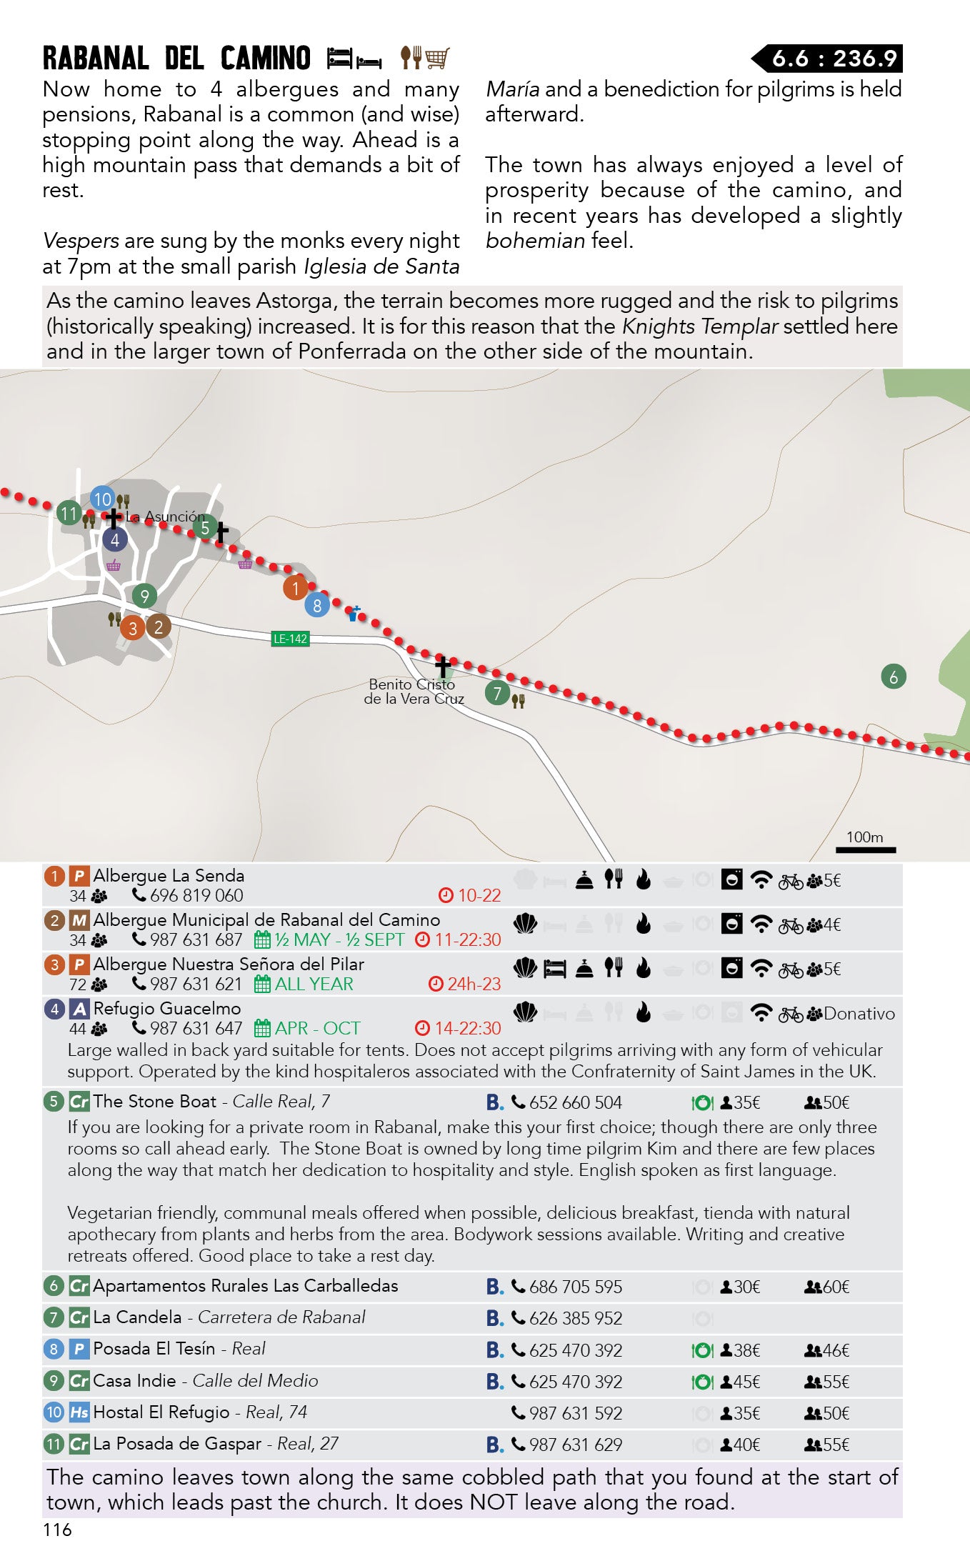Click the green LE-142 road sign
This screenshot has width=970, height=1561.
290,639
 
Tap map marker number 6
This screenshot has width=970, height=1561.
893,677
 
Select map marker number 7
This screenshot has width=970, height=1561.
497,692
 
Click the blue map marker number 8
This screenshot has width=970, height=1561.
317,606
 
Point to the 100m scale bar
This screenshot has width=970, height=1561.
866,849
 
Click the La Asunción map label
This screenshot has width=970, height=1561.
165,517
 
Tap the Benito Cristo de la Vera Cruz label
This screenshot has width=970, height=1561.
414,692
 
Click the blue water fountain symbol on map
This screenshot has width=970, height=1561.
354,613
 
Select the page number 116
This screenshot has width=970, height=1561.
57,1529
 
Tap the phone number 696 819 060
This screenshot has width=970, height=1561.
196,895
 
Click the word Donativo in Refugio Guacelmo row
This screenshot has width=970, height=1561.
859,1014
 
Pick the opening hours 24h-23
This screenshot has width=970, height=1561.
474,984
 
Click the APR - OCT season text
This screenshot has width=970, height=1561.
317,1028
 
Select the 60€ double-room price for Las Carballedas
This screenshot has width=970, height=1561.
836,1287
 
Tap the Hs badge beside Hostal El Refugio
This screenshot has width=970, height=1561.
79,1412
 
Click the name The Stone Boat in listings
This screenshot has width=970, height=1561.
154,1102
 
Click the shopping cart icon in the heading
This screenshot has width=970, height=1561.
437,58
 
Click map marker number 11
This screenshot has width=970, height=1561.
69,513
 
